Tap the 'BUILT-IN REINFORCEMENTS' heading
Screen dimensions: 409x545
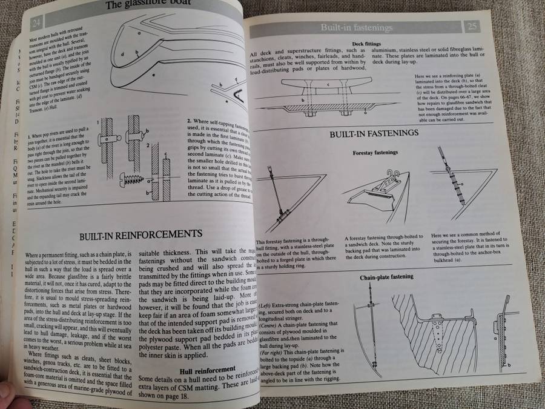(x=140, y=233)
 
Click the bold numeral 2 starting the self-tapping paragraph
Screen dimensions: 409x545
(x=190, y=121)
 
